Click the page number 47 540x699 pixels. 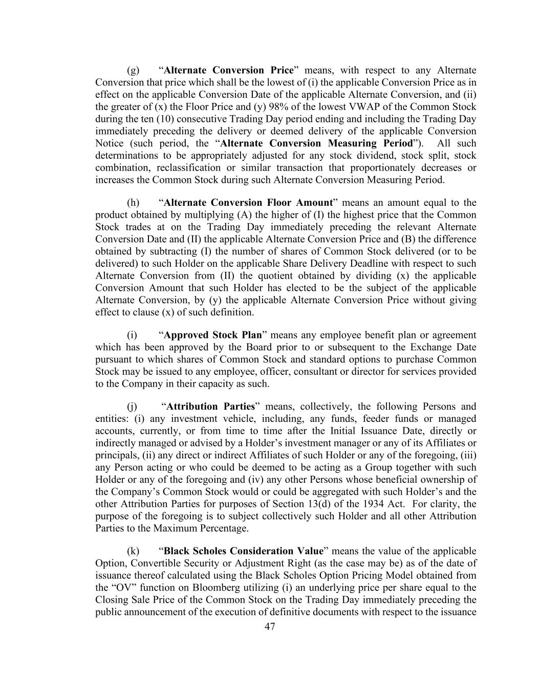270,626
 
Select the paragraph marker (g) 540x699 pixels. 133,70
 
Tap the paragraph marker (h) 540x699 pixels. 133,203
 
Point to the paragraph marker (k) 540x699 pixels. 133,551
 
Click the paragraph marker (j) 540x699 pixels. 132,407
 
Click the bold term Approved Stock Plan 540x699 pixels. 213,335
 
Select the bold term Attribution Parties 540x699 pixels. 211,407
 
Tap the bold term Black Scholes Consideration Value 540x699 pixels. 244,551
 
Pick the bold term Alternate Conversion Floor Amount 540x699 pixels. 248,203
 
